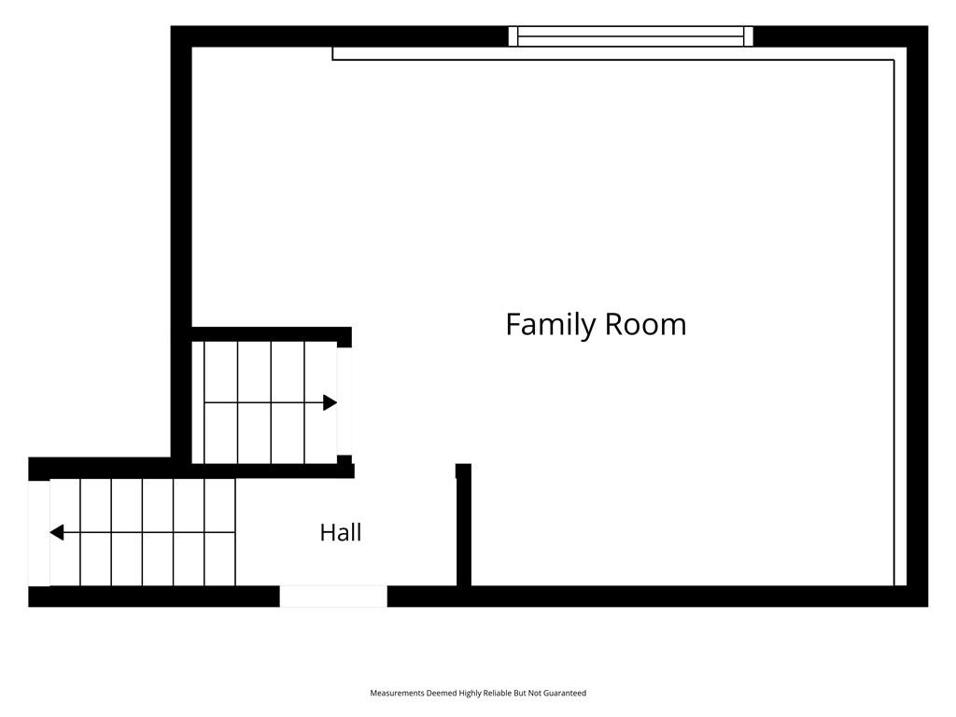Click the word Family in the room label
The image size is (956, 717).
551,325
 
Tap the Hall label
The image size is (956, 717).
341,532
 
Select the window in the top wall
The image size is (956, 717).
631,36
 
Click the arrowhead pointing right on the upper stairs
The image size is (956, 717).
330,402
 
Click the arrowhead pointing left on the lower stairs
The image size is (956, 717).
57,532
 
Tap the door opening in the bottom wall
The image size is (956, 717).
333,597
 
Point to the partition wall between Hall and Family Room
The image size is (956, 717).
463,525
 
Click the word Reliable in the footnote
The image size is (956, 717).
498,694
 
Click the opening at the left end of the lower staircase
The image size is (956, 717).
39,533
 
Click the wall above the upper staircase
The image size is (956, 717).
272,334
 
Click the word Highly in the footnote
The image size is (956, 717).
471,694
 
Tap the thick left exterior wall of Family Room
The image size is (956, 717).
181,244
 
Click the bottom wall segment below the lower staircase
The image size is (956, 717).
154,597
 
